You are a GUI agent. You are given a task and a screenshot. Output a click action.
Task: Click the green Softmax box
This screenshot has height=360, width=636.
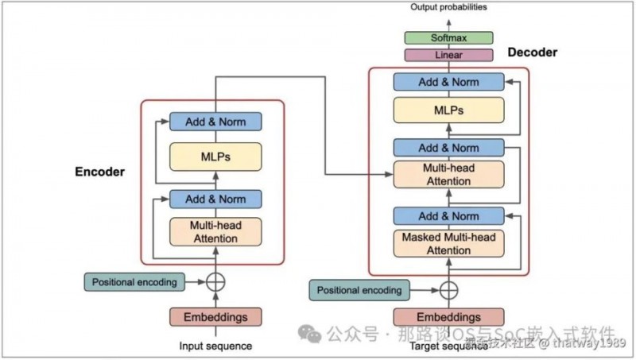click(x=448, y=38)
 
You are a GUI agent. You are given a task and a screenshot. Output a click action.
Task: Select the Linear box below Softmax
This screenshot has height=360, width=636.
click(x=448, y=55)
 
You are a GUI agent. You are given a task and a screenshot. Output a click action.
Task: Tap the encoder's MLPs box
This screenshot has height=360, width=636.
click(x=215, y=157)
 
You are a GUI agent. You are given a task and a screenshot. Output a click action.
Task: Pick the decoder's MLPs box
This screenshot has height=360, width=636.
click(x=448, y=110)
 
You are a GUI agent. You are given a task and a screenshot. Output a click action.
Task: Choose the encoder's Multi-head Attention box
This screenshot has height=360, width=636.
click(x=215, y=231)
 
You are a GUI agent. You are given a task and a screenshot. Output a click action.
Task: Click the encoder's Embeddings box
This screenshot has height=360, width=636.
click(x=215, y=316)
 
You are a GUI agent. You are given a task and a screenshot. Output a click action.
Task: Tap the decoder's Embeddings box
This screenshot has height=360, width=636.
click(x=448, y=316)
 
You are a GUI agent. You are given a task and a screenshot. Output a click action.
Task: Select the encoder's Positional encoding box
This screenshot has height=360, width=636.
click(x=134, y=281)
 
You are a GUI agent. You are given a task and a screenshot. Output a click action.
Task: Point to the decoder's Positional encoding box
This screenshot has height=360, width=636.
click(x=359, y=290)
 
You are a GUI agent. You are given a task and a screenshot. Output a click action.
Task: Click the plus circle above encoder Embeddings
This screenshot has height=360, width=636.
click(x=215, y=281)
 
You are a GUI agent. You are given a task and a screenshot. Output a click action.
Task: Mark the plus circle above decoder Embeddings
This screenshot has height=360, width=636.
click(x=449, y=290)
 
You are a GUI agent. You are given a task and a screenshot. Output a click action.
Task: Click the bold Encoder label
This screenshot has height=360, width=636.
click(x=100, y=171)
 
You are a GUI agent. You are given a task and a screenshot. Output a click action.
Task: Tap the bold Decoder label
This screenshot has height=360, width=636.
click(x=532, y=52)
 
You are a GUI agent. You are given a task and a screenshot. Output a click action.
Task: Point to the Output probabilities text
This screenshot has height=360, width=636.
click(x=448, y=7)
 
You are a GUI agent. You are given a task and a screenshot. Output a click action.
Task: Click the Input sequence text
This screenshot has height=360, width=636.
click(x=215, y=346)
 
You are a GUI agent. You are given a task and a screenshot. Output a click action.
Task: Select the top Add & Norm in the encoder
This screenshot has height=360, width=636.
click(x=215, y=122)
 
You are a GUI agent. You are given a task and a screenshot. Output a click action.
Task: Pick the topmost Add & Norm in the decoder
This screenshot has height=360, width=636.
click(x=448, y=81)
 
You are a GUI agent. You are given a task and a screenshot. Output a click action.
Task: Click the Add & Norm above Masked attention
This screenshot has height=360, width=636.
click(x=448, y=216)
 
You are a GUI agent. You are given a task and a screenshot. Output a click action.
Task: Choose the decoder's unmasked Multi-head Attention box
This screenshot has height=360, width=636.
click(x=448, y=175)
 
